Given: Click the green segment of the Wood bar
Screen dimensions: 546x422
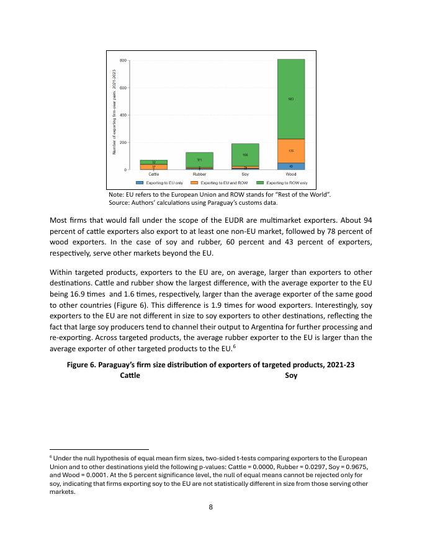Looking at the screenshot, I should point(290,99).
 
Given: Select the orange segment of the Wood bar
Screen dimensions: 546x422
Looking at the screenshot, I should point(290,151).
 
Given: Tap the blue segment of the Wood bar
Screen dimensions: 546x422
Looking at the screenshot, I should point(290,166).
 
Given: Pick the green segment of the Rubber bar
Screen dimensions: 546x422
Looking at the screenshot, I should point(199,159).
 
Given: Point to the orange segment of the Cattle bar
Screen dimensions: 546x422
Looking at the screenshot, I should point(153,166).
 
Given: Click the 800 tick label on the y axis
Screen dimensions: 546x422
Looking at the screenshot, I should point(123,60).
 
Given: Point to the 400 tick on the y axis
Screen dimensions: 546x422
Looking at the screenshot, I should point(123,115).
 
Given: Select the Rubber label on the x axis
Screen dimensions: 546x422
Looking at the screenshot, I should point(199,174).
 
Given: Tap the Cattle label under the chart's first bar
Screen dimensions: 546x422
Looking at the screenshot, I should point(153,174).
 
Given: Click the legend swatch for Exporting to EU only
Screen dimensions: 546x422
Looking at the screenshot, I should point(140,183).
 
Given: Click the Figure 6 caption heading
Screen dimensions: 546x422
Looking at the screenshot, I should point(210,365).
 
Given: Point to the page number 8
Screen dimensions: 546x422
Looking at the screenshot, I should point(211,507).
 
